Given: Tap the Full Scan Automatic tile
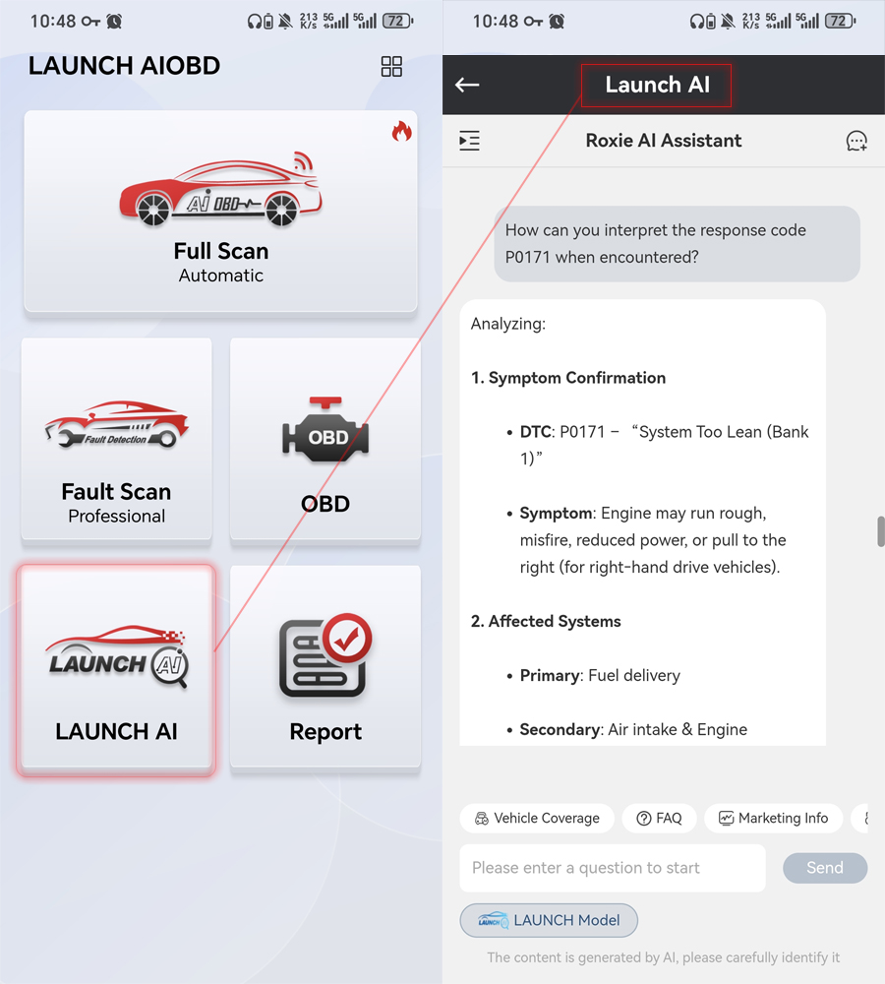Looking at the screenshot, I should click(220, 212).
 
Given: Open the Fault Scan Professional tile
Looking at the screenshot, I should click(116, 440).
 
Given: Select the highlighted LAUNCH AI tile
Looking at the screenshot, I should click(116, 669).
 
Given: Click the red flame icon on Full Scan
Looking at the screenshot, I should click(401, 131).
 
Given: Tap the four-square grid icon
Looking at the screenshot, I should click(391, 66).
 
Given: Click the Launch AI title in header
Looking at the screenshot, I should click(657, 86).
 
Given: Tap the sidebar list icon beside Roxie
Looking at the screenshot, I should click(469, 141).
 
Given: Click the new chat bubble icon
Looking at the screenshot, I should click(856, 141).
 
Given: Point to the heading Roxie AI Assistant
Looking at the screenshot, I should click(664, 141).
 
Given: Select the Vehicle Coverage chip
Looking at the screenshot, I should click(537, 818).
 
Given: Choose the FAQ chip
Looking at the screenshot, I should click(659, 818).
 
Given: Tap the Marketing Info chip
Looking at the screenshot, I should click(773, 818).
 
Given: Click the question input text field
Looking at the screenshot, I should click(612, 868).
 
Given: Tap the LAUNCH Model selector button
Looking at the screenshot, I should click(549, 920).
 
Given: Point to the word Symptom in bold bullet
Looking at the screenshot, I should click(556, 513).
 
